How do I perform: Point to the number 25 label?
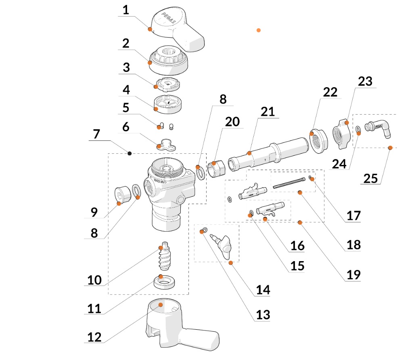click(x=372, y=178)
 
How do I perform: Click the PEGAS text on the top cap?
click(x=168, y=18)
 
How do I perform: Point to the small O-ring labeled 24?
click(x=358, y=130)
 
